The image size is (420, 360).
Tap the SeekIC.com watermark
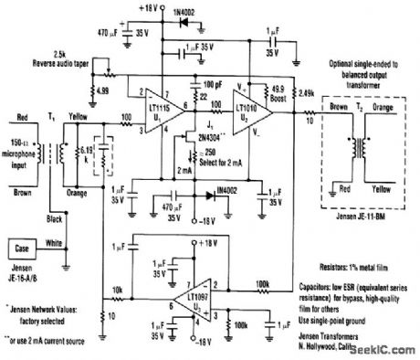389,351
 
